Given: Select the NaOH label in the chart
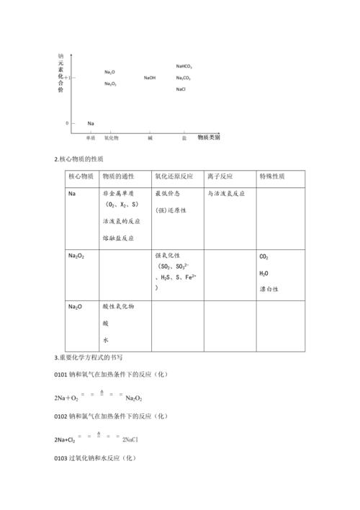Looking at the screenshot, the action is pos(150,78).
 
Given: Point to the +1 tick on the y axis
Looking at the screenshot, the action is pos(67,76).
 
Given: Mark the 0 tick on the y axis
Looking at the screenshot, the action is pos(67,123).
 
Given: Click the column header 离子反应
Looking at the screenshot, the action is pos(219,176).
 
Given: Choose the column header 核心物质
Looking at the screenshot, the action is pos(81,176).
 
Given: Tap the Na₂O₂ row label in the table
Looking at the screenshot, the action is pos(76,256).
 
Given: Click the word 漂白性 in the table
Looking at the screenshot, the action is pos(269,289).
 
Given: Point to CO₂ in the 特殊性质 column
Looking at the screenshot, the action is pos(264,256).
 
